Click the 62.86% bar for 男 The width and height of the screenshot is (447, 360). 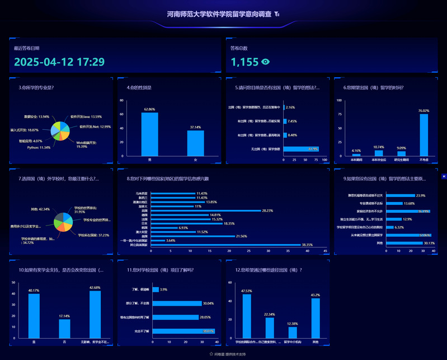tap(149, 134)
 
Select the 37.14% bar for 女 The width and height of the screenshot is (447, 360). tap(195, 143)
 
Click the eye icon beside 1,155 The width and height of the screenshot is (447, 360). tap(266, 62)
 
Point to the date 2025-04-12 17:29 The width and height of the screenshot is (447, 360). tap(59, 62)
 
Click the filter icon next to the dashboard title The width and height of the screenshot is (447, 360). tap(277, 14)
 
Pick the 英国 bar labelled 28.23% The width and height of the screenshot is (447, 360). tap(206, 211)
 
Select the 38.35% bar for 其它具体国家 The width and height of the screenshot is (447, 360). tap(226, 245)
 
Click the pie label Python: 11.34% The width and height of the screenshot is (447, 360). tap(39, 147)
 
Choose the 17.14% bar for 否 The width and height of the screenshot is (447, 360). tap(64, 328)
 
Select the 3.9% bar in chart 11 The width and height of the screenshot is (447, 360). tap(156, 289)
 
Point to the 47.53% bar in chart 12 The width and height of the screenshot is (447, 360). tap(246, 316)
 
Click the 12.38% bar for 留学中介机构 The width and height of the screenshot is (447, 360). tap(292, 333)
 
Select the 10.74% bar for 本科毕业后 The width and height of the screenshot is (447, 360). tap(379, 153)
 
